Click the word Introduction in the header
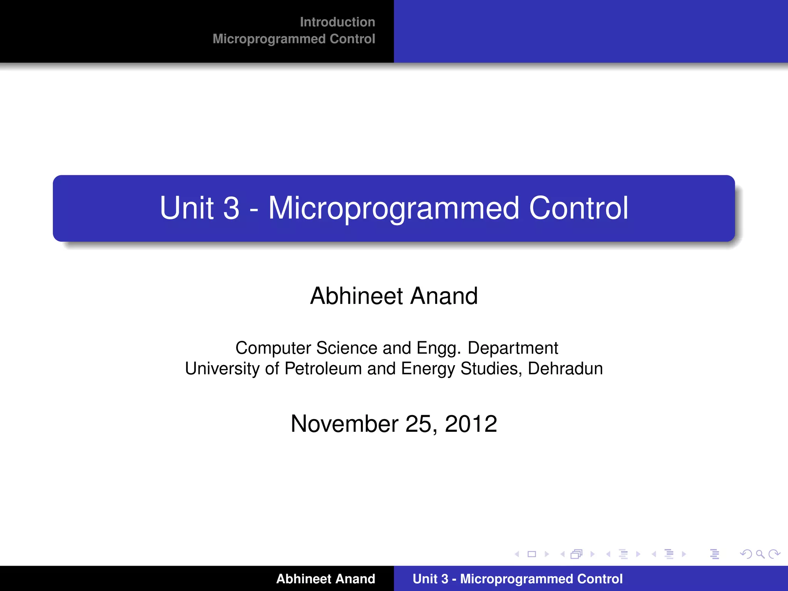337,22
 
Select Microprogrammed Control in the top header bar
294,39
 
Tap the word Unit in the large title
186,208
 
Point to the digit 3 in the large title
231,208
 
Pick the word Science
347,348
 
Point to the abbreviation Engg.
439,349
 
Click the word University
222,369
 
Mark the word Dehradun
565,369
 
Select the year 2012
471,424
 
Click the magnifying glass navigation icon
760,554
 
